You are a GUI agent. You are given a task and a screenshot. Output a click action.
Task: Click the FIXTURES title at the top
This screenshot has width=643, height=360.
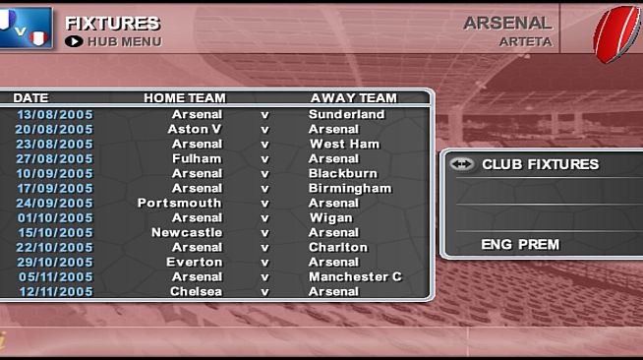[112, 23]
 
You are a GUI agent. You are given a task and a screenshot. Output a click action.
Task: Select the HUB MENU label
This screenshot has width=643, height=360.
[124, 42]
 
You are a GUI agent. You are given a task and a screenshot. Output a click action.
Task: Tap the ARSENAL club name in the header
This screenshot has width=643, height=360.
[507, 23]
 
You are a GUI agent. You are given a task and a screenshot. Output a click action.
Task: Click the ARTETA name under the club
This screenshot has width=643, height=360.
[525, 42]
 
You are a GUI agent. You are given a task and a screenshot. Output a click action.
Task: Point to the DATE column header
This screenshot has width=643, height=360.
[30, 98]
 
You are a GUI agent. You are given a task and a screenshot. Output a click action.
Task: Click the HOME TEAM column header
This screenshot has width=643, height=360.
[185, 98]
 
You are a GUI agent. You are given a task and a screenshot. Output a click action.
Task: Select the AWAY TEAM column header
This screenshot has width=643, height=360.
[353, 98]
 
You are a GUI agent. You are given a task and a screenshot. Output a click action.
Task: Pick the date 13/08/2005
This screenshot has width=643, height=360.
[55, 114]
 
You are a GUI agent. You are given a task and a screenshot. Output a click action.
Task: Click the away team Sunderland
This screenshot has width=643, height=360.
[346, 114]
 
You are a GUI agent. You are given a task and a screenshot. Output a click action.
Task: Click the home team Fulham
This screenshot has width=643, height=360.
[197, 158]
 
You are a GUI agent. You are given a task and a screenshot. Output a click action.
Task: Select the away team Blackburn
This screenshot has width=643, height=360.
[343, 173]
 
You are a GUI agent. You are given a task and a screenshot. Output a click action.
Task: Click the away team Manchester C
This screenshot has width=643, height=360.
[355, 276]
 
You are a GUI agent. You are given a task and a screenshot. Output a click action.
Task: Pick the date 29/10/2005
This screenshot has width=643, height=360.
[55, 262]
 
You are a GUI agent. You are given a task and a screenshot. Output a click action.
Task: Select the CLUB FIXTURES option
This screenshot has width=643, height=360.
[540, 165]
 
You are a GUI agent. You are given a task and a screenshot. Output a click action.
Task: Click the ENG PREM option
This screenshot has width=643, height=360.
[520, 244]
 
